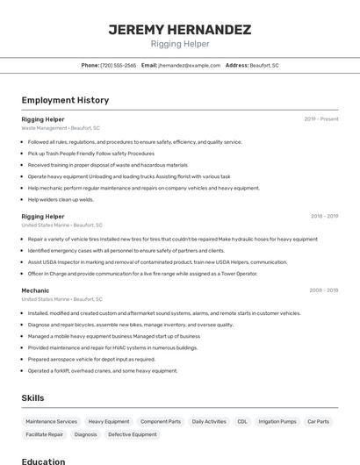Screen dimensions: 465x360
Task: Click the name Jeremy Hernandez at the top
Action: [x=180, y=30]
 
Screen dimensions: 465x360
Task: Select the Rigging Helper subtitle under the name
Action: [x=180, y=44]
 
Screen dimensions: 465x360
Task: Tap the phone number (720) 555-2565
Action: [x=118, y=65]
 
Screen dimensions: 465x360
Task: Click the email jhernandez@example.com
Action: [x=189, y=65]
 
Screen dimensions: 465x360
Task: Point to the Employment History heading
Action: [x=65, y=100]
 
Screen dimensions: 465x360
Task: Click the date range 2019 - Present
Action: [x=321, y=118]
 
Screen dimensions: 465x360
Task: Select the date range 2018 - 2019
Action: [x=324, y=216]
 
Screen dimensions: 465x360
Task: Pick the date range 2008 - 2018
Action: [x=324, y=290]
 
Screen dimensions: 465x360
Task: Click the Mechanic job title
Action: [x=35, y=290]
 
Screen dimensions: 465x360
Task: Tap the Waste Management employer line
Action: [x=61, y=128]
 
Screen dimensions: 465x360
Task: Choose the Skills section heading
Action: [x=32, y=397]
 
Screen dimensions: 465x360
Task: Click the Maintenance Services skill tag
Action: [x=51, y=421]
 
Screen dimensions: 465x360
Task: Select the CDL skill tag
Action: [x=241, y=421]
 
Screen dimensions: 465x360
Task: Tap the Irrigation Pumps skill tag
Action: [x=277, y=421]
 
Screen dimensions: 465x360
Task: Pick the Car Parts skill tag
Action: [x=318, y=421]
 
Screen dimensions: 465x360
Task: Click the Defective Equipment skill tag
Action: [x=133, y=434]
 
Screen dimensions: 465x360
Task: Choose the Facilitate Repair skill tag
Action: [x=44, y=434]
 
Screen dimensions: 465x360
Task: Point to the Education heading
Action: [x=43, y=461]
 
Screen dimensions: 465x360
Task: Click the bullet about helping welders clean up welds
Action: [x=61, y=199]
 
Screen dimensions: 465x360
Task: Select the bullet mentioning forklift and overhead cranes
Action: [x=102, y=370]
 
